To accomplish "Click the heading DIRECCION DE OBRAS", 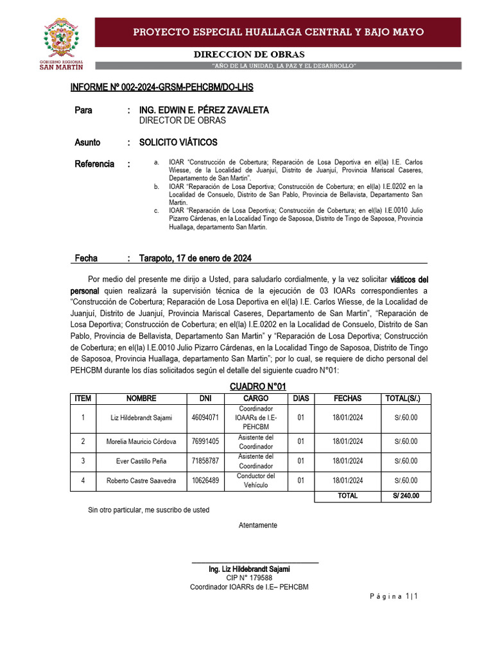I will pos(249,55).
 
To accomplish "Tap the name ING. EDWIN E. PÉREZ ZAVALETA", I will pos(204,111).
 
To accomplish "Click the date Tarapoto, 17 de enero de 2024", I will pos(195,258).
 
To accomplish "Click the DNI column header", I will pos(205,398).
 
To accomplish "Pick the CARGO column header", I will pos(256,398).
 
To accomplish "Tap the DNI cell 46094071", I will pos(205,418).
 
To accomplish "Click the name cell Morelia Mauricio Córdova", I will pos(141,441).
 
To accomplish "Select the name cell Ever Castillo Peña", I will pos(141,461).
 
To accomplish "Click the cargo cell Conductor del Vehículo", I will pos(256,481).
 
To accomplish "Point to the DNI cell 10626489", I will pos(205,481).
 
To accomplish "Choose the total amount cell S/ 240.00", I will pos(406,495).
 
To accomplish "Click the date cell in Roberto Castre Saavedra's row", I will pos(347,481).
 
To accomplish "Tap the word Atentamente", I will pos(258,525).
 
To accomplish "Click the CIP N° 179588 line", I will pos(249,578).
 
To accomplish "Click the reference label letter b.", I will pos(156,186).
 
